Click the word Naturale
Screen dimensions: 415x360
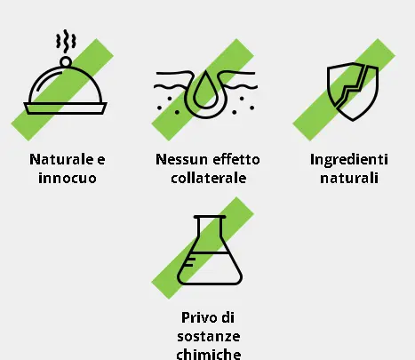(62, 159)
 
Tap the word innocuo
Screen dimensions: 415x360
(68, 178)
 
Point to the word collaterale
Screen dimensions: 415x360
(209, 178)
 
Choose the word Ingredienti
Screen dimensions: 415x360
(349, 161)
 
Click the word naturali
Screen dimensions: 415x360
(349, 178)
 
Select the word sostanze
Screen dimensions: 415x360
(209, 337)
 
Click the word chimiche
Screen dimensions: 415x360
(209, 354)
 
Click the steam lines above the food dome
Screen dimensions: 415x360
(66, 41)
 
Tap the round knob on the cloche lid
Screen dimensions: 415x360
(66, 62)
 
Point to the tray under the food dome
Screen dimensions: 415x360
(65, 108)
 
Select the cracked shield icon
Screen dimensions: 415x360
(353, 92)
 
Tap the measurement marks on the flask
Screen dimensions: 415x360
(189, 262)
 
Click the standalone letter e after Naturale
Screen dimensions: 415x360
(101, 160)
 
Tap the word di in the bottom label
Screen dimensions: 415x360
(227, 318)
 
